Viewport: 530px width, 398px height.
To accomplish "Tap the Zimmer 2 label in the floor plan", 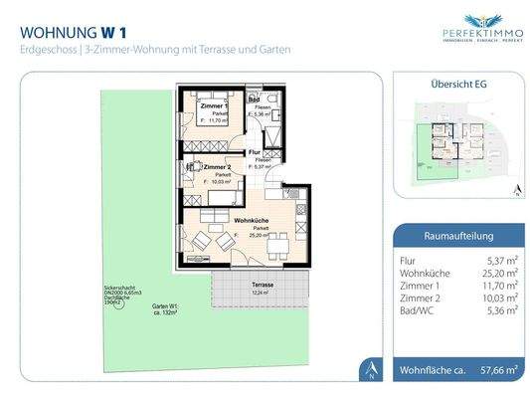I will click(x=217, y=166).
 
